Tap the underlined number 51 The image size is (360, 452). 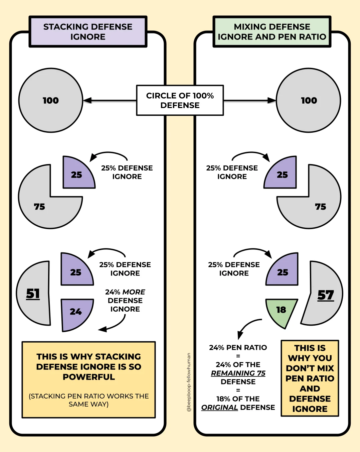coord(33,294)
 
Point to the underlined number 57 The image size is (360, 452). coord(326,295)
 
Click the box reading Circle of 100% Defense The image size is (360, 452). coord(180,100)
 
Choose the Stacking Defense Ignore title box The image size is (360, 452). coord(88,32)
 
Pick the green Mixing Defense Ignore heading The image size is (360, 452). coord(272,32)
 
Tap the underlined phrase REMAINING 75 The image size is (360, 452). coord(238,373)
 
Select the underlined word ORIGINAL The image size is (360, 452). coord(219,408)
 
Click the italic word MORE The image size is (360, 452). coord(134,292)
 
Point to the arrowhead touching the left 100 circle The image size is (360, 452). coord(87,100)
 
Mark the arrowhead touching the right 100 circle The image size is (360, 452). coord(272,100)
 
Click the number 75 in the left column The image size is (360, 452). coord(39,207)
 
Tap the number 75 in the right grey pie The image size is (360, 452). coord(321,207)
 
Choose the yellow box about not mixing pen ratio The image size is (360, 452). coord(310,378)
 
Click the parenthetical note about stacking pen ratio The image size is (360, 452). coord(88,400)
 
